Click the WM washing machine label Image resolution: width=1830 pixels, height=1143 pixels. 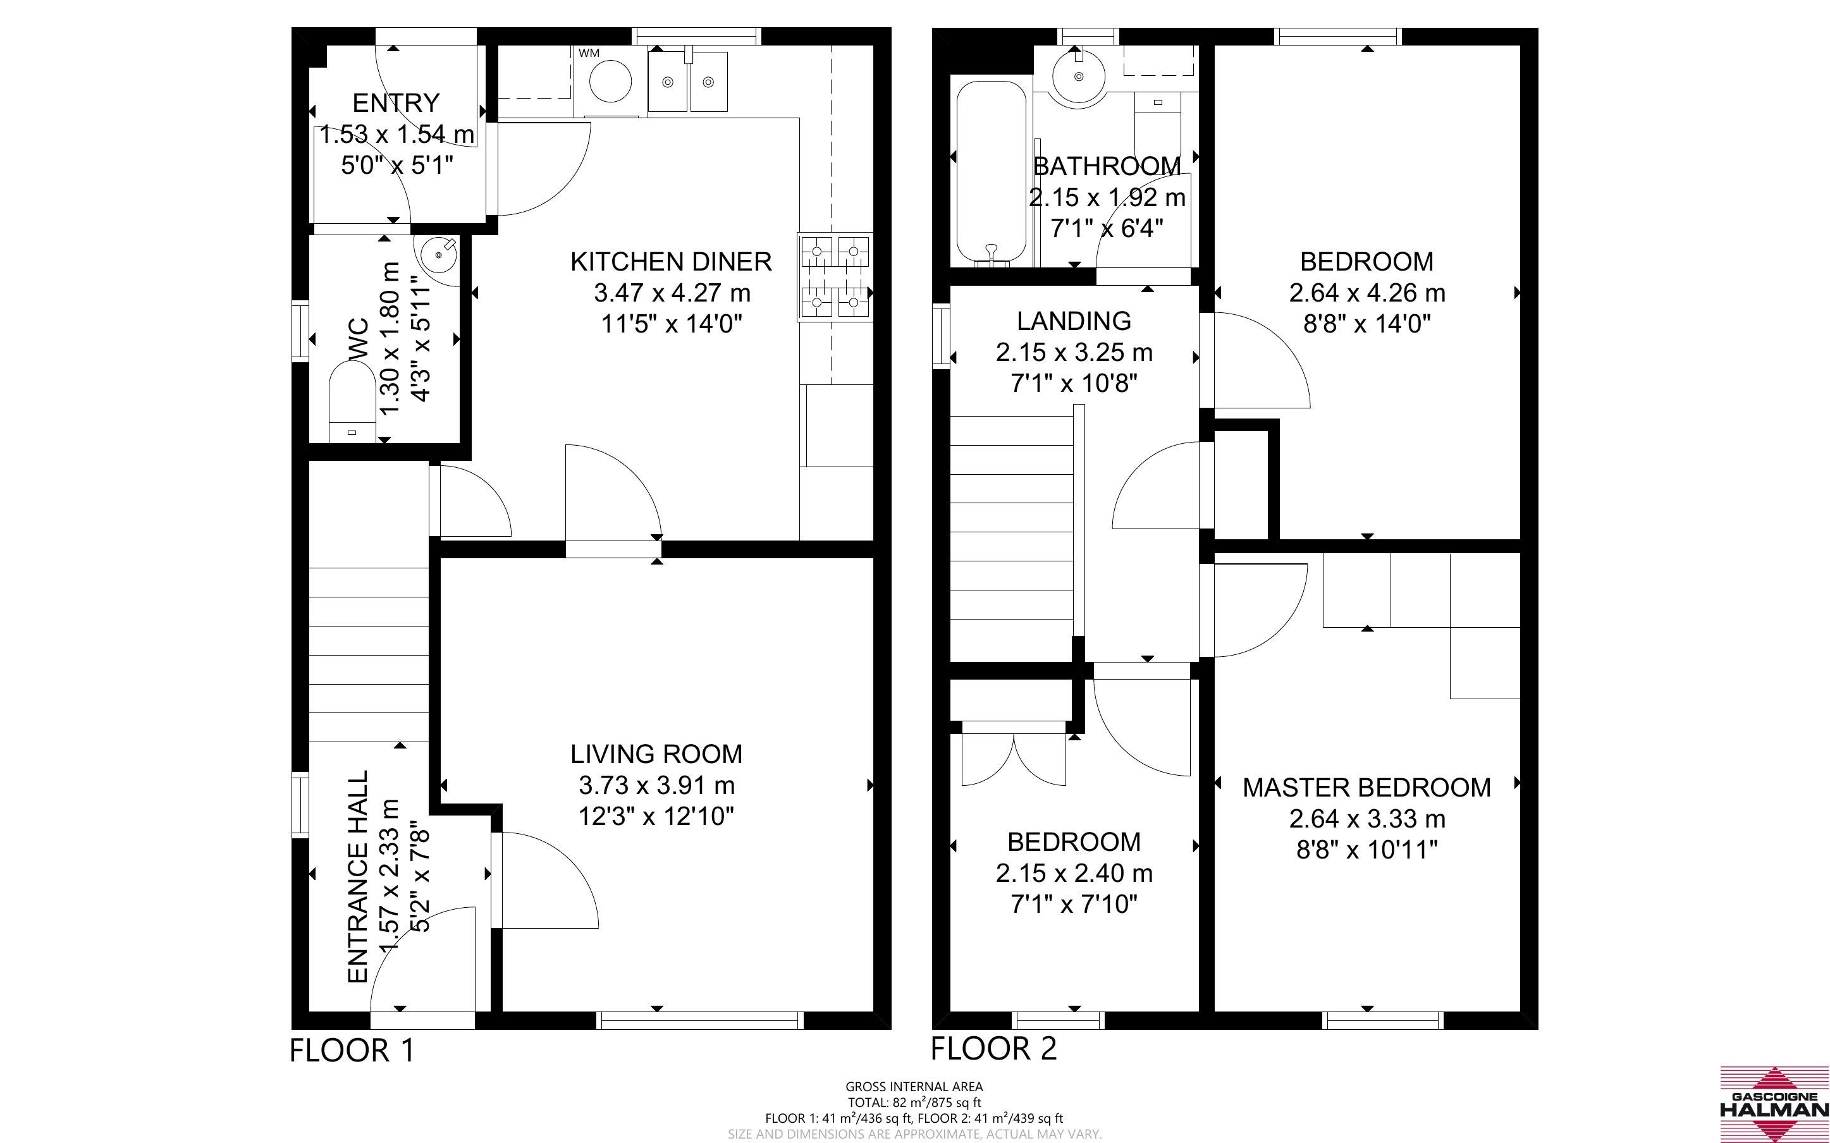pyautogui.click(x=589, y=53)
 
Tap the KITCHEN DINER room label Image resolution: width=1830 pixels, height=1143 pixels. pyautogui.click(x=671, y=262)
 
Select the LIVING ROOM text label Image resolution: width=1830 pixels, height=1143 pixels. pyautogui.click(x=656, y=754)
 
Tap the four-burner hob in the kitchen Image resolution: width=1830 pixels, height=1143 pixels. pyautogui.click(x=835, y=277)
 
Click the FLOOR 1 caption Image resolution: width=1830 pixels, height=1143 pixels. pyautogui.click(x=352, y=1051)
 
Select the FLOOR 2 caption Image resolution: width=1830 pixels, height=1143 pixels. pyautogui.click(x=993, y=1049)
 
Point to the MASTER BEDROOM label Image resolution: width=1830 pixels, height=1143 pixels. pyautogui.click(x=1366, y=788)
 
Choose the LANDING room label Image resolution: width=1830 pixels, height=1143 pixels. pyautogui.click(x=1073, y=321)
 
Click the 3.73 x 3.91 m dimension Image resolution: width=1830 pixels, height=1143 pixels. pyautogui.click(x=656, y=785)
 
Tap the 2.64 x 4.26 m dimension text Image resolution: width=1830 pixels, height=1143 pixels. pyautogui.click(x=1366, y=293)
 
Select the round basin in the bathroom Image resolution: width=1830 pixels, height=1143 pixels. pyautogui.click(x=1079, y=76)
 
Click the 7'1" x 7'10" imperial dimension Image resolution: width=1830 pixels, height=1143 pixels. pyautogui.click(x=1073, y=904)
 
